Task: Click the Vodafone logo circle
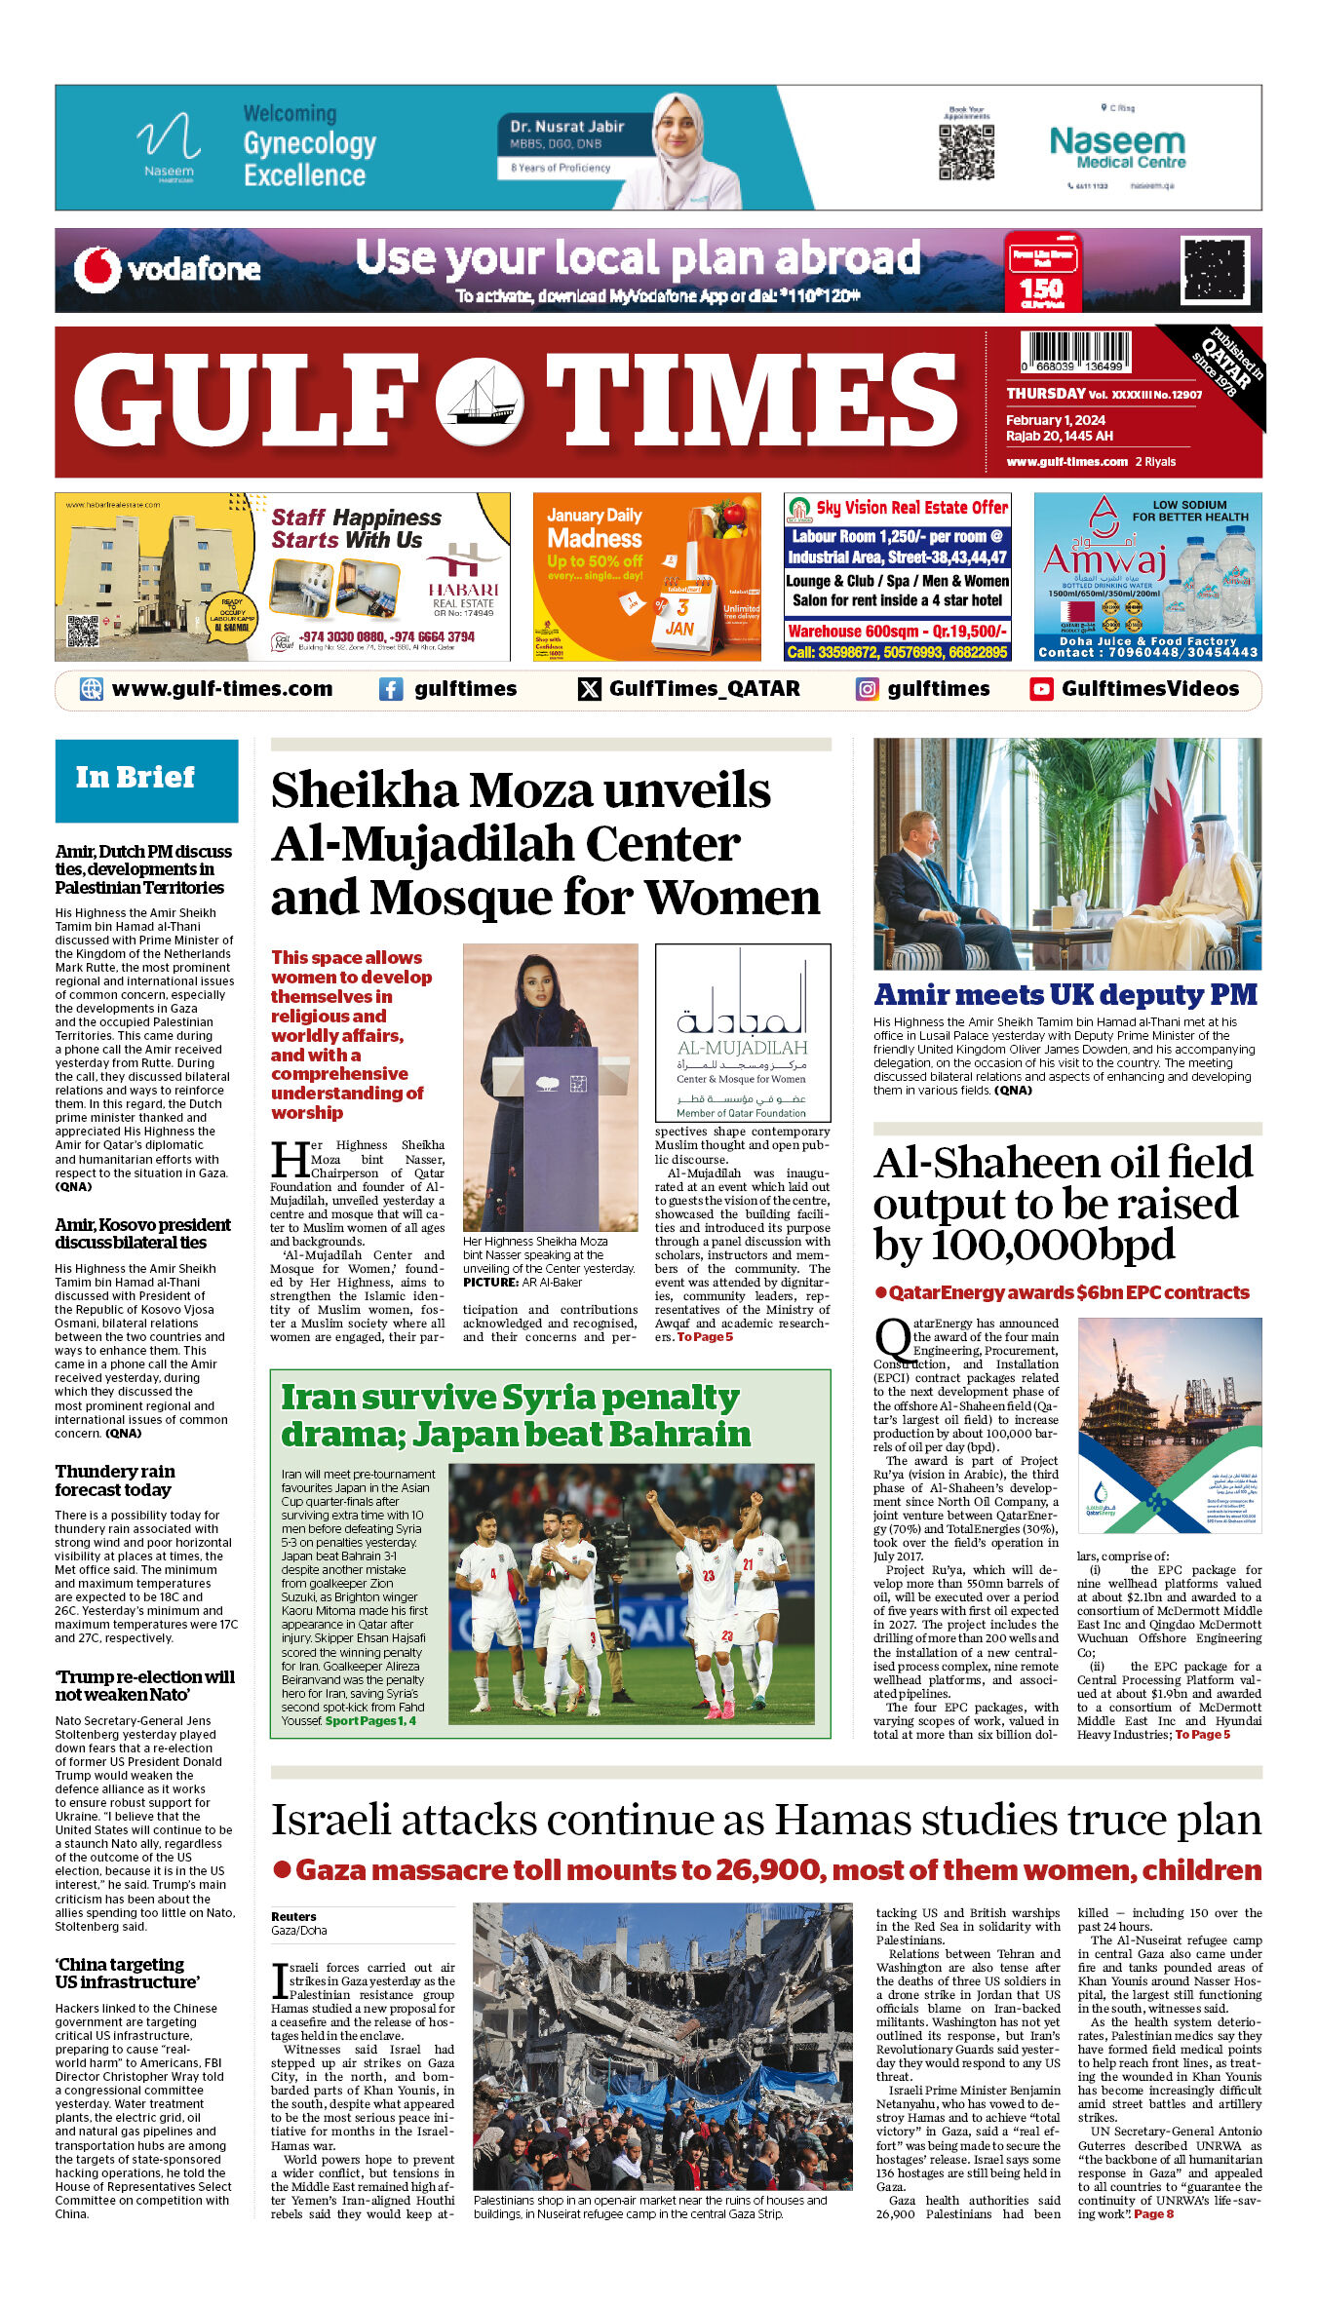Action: (x=97, y=269)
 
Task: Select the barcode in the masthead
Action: (x=1075, y=351)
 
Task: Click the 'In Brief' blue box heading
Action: (x=146, y=780)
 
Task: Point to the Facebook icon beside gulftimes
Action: (x=391, y=689)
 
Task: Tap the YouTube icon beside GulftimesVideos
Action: (x=1041, y=689)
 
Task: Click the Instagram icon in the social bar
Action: (x=867, y=689)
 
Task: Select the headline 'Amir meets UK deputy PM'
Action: (x=1065, y=995)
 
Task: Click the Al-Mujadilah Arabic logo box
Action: (x=743, y=1032)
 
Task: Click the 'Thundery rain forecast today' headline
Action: (x=115, y=1480)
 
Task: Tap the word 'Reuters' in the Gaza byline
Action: (x=293, y=1916)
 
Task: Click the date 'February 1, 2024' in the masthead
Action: (x=1056, y=420)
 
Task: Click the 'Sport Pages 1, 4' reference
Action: (x=370, y=1721)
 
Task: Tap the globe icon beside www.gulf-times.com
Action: (x=91, y=689)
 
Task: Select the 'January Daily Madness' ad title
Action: (x=595, y=527)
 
